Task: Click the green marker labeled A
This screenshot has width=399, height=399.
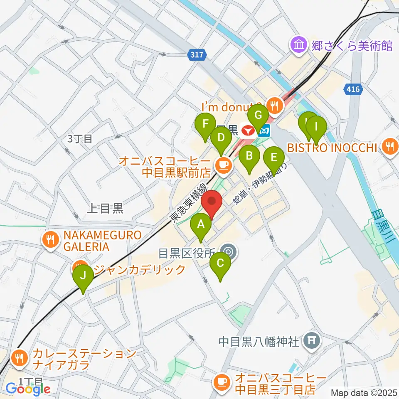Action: (201, 225)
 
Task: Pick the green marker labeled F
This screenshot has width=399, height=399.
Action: (205, 125)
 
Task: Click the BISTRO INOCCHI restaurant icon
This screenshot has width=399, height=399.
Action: (390, 146)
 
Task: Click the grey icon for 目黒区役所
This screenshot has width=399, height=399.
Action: (228, 252)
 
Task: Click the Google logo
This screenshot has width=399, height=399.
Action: (28, 389)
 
